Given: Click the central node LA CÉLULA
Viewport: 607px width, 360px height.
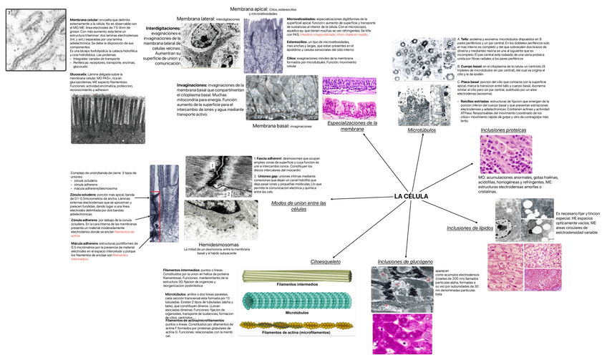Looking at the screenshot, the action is [x=411, y=195].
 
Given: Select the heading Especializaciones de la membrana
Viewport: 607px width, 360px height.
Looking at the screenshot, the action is [x=351, y=125].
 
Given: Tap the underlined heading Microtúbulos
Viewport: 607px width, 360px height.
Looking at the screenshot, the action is [x=422, y=131].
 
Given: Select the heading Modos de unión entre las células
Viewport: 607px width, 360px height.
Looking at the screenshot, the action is [x=298, y=207].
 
